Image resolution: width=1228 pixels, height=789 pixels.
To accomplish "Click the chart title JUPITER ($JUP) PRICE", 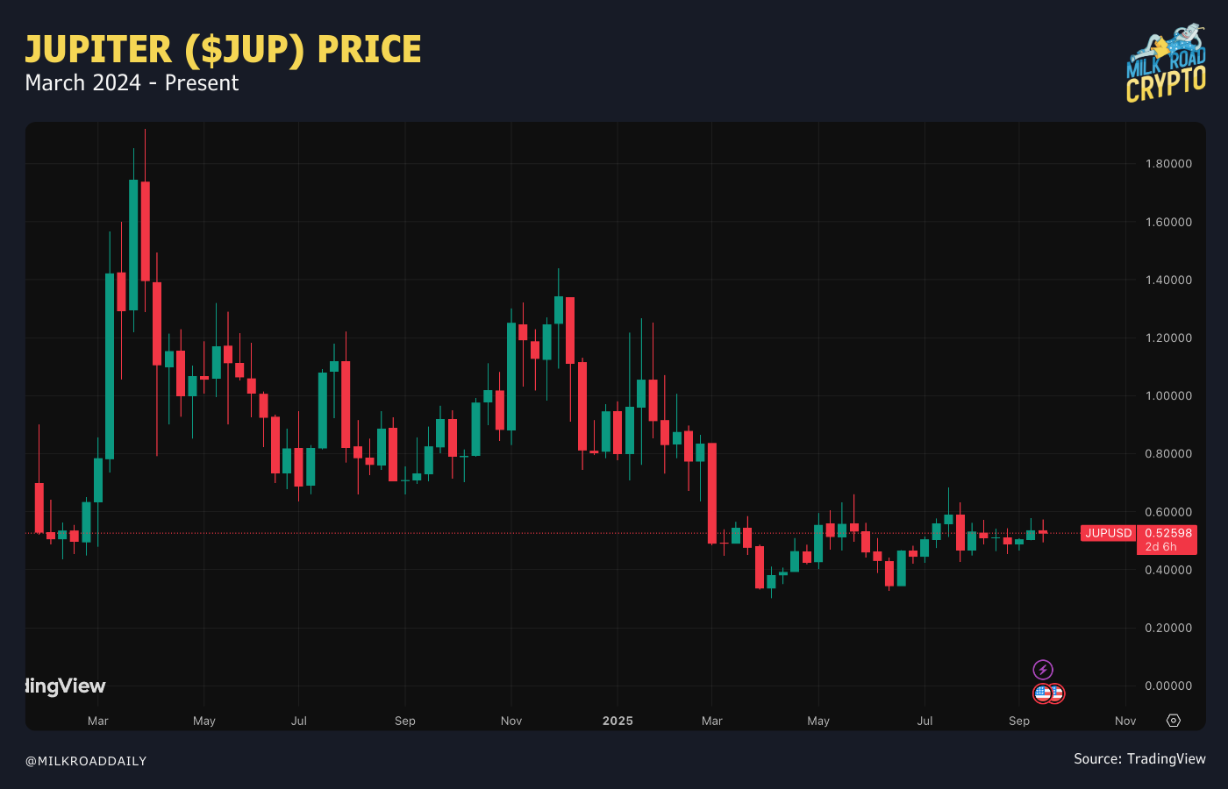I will (x=223, y=50).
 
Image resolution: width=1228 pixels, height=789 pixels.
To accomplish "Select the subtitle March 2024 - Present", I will (x=132, y=83).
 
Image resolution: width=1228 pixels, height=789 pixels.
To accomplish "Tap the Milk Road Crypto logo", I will (x=1166, y=64).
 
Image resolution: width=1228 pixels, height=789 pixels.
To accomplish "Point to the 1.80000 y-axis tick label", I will (x=1168, y=164).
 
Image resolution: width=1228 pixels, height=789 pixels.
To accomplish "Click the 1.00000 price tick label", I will (x=1168, y=396).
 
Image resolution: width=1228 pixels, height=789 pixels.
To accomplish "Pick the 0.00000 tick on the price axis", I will (x=1168, y=686).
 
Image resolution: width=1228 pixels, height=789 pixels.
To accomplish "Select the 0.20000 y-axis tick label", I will (x=1168, y=629).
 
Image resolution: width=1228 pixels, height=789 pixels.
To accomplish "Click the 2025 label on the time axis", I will (x=618, y=721).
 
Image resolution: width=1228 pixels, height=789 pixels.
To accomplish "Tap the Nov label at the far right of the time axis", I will (x=1125, y=721).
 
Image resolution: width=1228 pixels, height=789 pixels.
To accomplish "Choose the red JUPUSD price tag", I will (x=1108, y=533).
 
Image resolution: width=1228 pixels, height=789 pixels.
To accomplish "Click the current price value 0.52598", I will (x=1168, y=533).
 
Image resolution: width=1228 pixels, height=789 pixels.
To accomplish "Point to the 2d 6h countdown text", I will (x=1161, y=547).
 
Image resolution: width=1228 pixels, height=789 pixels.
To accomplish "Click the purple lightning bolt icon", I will (x=1043, y=670).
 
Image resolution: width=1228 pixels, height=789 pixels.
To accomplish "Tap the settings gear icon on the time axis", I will (x=1174, y=721).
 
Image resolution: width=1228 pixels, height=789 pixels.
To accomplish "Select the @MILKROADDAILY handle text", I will (x=86, y=761).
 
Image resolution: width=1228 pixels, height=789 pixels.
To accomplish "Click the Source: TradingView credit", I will (x=1139, y=759).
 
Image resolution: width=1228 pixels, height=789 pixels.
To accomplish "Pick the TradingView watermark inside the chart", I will (x=66, y=686).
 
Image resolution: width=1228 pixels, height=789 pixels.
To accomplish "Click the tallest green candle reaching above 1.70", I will (x=133, y=245).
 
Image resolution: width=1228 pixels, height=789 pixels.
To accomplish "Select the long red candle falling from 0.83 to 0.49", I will (x=712, y=493).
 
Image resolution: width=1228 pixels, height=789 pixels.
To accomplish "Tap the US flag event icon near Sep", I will (x=1043, y=693).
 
